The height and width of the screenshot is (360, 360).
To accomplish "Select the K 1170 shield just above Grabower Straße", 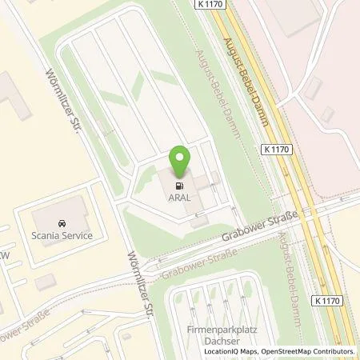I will pyautogui.click(x=275, y=149).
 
